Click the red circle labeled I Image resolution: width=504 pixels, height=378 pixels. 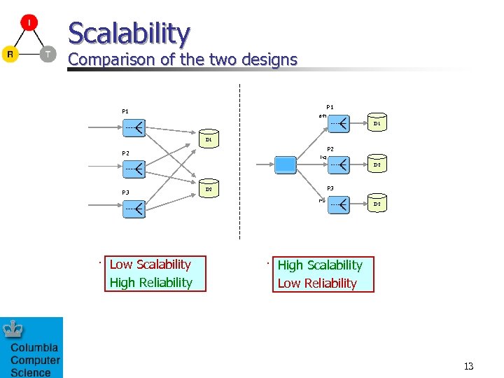(29, 23)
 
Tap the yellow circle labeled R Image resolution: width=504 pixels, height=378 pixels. (10, 55)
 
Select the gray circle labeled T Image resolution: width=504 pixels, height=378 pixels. (47, 55)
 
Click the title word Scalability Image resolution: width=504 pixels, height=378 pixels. (129, 33)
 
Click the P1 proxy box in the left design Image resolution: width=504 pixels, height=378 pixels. (134, 127)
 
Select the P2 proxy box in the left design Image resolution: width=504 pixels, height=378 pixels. (134, 169)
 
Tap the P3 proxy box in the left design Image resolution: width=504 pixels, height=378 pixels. (134, 208)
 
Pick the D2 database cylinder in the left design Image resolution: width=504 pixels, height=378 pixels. (209, 189)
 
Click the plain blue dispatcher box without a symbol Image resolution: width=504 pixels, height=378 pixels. (286, 164)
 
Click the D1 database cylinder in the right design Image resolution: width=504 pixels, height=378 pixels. (376, 123)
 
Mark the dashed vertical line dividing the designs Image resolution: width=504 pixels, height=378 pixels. (239, 161)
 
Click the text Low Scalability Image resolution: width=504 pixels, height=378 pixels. (150, 265)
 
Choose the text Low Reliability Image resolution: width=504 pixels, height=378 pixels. (317, 283)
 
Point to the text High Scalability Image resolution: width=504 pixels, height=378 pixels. (320, 265)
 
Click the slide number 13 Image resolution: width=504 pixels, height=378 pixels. (468, 366)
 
